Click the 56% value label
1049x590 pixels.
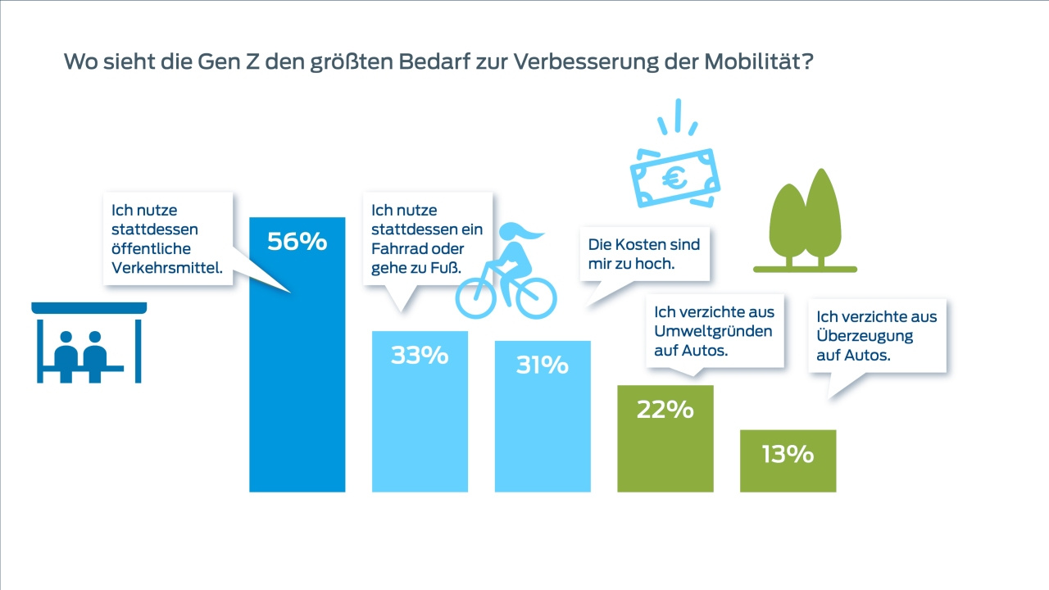(297, 242)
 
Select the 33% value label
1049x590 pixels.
(420, 356)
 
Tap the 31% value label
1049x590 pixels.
(542, 365)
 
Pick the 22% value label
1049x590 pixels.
(665, 410)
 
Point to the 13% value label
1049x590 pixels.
(787, 454)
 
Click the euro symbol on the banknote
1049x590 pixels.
(675, 178)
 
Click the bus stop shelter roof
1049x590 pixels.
(89, 308)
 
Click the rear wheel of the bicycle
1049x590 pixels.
(477, 297)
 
